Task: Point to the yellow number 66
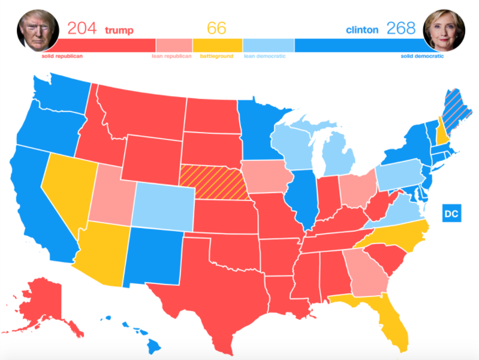point(217,28)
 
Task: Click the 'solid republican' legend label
point(62,56)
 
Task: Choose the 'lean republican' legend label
point(172,56)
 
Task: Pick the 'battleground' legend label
point(216,56)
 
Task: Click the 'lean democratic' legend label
point(264,56)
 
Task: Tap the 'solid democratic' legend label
point(422,56)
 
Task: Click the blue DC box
point(451,213)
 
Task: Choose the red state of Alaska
point(42,300)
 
